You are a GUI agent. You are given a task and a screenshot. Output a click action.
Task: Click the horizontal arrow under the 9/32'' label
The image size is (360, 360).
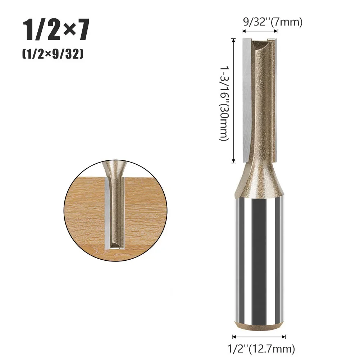point(260,31)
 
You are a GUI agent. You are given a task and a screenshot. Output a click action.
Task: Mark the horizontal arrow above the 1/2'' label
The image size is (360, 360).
point(259,337)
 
